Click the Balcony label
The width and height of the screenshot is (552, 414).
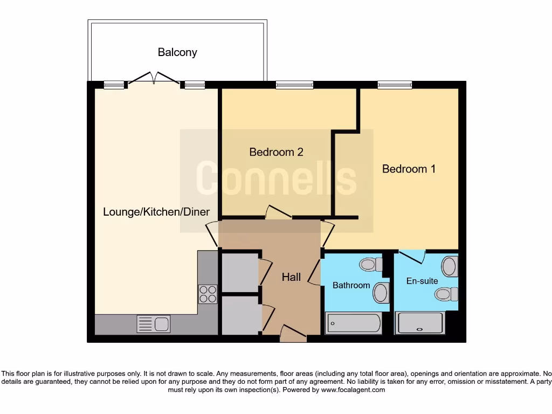177,52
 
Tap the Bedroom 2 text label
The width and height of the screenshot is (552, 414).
276,152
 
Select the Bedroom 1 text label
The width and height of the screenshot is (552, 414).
409,169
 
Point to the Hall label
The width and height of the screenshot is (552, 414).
291,277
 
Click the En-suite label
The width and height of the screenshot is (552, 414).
422,281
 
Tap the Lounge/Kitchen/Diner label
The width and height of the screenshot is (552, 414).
156,212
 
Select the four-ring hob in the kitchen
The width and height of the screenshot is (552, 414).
208,294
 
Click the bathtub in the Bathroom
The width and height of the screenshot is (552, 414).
354,323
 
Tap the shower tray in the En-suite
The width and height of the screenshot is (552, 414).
420,323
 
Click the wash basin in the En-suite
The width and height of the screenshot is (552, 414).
449,266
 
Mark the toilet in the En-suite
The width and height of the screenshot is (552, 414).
445,294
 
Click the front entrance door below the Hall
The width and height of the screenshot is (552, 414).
293,334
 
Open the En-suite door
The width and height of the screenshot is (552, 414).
411,257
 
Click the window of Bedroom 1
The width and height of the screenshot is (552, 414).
395,85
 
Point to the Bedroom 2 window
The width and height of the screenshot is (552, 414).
294,85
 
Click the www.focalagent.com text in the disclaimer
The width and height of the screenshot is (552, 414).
354,390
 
